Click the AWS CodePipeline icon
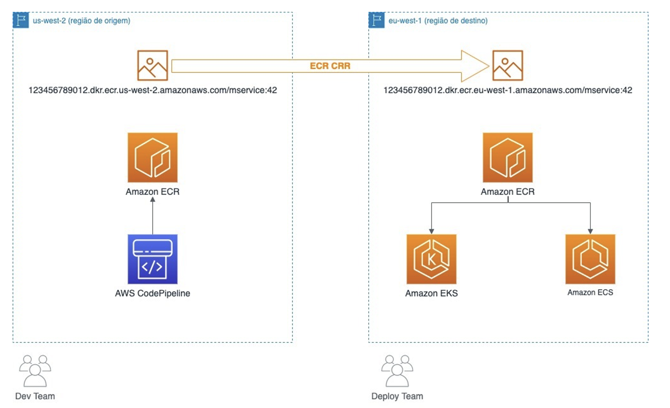(153, 259)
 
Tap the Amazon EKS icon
(431, 259)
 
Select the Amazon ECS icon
(590, 259)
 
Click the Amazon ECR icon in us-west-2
(153, 157)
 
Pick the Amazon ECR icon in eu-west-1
(507, 157)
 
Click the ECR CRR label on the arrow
(330, 66)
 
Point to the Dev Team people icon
(35, 371)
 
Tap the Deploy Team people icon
(397, 371)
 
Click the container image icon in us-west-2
(153, 66)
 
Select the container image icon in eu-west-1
(507, 66)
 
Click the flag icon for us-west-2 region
(21, 20)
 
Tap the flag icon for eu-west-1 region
(376, 20)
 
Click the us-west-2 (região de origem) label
(81, 21)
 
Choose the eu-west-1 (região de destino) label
(438, 21)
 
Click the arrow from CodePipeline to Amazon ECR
(153, 217)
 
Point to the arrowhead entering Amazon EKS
(431, 231)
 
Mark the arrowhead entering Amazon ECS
(590, 231)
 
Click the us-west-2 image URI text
(153, 90)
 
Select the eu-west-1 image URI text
(507, 90)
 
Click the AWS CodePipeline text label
(153, 293)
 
